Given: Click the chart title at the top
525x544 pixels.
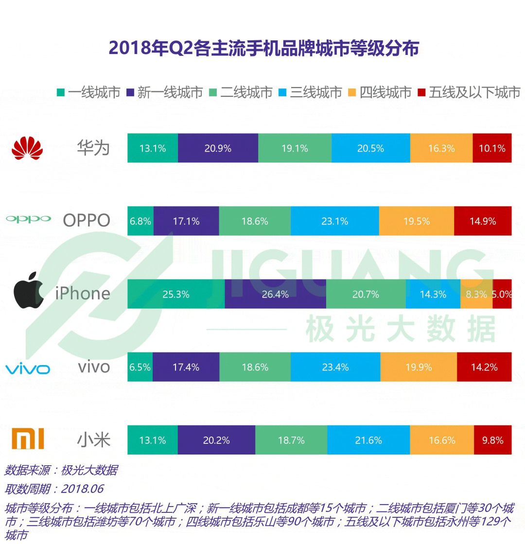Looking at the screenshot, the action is (263, 48).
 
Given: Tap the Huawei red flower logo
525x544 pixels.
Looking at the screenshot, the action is (27, 148).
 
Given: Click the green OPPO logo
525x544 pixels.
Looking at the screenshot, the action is (29, 219).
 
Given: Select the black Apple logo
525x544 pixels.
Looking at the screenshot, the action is (29, 290).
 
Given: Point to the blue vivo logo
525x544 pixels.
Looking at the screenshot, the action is (28, 368).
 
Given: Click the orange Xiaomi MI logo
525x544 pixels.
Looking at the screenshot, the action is (28, 439).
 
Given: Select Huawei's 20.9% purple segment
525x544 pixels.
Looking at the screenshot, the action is (218, 148).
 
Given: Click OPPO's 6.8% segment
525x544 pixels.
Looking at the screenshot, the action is (140, 221).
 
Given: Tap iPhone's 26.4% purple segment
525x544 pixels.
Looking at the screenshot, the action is (276, 294).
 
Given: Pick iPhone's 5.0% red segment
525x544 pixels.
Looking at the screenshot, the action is (502, 294).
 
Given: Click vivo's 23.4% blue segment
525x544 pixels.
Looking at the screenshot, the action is (335, 367).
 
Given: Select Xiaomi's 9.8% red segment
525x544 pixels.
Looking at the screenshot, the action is (493, 440).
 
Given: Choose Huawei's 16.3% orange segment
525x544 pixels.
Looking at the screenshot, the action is (441, 148).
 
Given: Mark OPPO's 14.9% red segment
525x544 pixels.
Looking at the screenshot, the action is (483, 221).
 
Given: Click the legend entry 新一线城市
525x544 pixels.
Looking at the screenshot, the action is (165, 92).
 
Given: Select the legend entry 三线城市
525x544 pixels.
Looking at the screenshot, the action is (311, 92).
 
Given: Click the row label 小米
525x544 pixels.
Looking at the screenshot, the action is (94, 440).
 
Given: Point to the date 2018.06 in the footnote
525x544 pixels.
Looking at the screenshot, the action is (83, 489).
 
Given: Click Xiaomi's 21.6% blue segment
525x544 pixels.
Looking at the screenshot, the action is (368, 440).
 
